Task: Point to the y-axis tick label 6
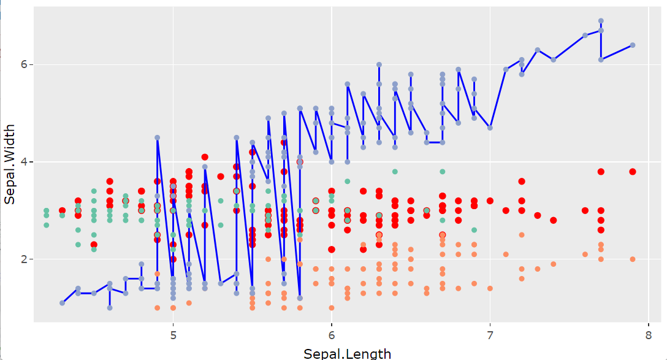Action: pyautogui.click(x=21, y=64)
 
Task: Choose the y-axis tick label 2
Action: pyautogui.click(x=21, y=259)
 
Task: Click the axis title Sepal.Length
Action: pyautogui.click(x=347, y=353)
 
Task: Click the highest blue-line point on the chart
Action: pyautogui.click(x=601, y=21)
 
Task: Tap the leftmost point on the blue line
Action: pyautogui.click(x=63, y=303)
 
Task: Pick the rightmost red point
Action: pyautogui.click(x=633, y=172)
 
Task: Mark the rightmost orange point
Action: pyautogui.click(x=633, y=259)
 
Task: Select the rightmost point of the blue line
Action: pyautogui.click(x=633, y=45)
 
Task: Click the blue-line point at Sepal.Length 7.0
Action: pyautogui.click(x=490, y=128)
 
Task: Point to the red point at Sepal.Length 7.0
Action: pyautogui.click(x=490, y=201)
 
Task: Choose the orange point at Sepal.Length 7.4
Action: pyautogui.click(x=554, y=264)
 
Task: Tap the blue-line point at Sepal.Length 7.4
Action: pyautogui.click(x=554, y=59)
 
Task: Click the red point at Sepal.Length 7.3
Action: pyautogui.click(x=538, y=215)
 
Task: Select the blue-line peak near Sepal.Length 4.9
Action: pyautogui.click(x=157, y=137)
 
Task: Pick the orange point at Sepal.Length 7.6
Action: pyautogui.click(x=585, y=255)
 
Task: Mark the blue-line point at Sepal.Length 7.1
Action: pyautogui.click(x=506, y=69)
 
